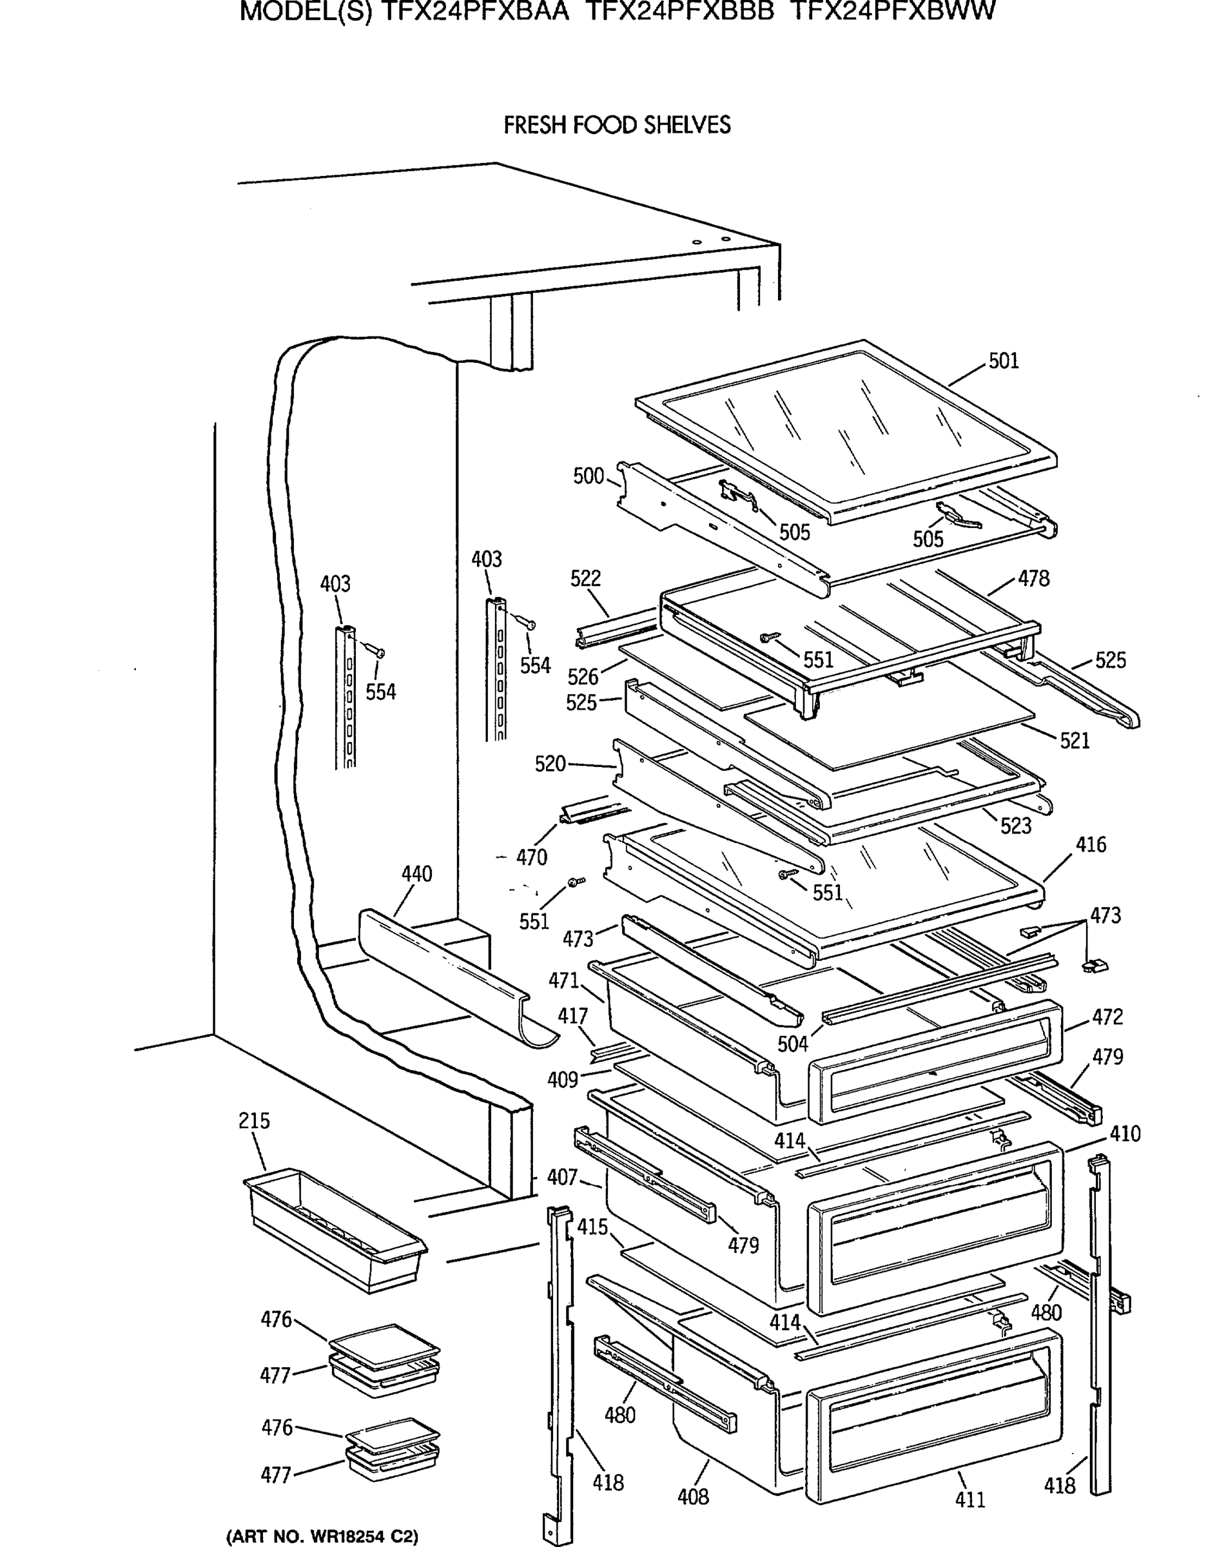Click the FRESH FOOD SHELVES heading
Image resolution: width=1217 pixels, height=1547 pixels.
tap(617, 126)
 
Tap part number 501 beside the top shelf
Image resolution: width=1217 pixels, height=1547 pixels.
tap(1003, 360)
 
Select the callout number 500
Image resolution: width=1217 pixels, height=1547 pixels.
tap(589, 476)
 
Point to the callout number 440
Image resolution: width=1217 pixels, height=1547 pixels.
tap(417, 873)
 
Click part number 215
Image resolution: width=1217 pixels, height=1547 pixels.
tap(255, 1121)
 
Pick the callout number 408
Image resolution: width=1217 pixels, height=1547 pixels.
tap(694, 1497)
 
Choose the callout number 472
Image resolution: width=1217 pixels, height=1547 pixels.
tap(1107, 1017)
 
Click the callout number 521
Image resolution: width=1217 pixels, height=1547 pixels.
tap(1075, 741)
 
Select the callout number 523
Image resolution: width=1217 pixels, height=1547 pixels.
tap(1015, 825)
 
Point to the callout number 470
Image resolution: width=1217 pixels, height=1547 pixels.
tap(532, 857)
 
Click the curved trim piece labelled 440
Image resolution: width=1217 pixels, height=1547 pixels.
tap(456, 978)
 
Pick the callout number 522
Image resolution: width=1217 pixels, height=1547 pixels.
tap(586, 578)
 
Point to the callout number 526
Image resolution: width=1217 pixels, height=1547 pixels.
tap(583, 676)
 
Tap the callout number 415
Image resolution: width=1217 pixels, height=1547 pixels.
tap(593, 1227)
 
